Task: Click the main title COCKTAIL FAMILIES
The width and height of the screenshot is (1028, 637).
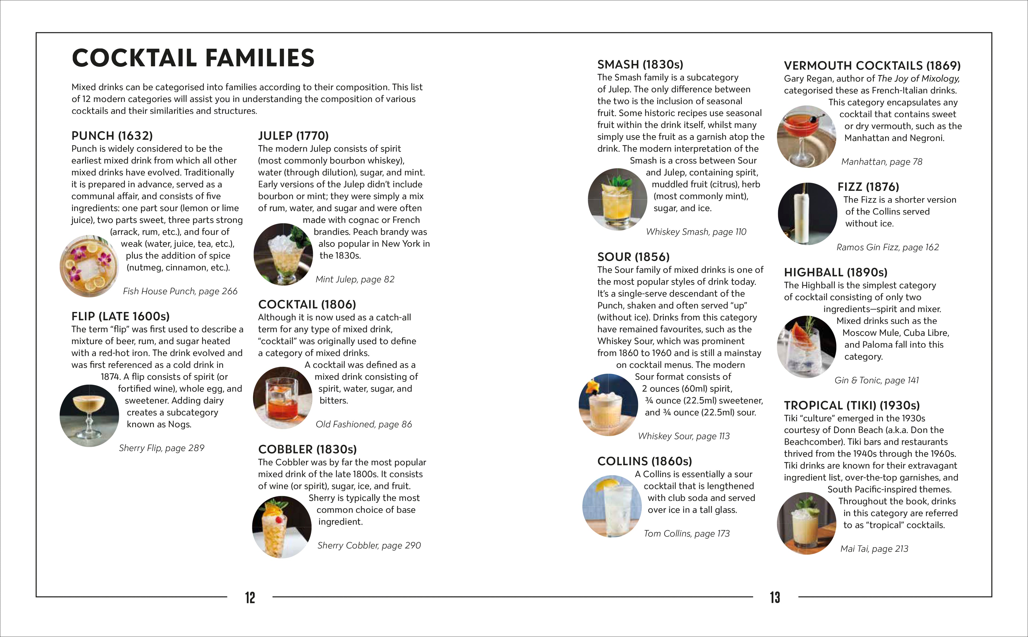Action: pyautogui.click(x=193, y=58)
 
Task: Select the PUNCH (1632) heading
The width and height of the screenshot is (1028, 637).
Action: pyautogui.click(x=112, y=136)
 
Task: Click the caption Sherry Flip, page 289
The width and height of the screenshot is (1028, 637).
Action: pyautogui.click(x=161, y=448)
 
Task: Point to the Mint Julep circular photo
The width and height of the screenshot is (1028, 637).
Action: pyautogui.click(x=283, y=254)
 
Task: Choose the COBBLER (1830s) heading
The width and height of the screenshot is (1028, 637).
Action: pyautogui.click(x=307, y=449)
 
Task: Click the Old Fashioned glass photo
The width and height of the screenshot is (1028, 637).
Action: pyautogui.click(x=282, y=398)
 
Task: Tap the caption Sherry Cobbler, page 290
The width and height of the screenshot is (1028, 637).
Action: pyautogui.click(x=369, y=545)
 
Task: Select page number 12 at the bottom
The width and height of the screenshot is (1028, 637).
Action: pyautogui.click(x=250, y=597)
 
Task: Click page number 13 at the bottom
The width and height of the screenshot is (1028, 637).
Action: pyautogui.click(x=775, y=597)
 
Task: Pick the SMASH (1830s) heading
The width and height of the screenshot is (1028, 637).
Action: pyautogui.click(x=640, y=64)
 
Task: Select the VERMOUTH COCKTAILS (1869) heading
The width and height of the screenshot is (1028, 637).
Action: pyautogui.click(x=872, y=66)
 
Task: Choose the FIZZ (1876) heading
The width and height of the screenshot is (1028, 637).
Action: pyautogui.click(x=868, y=187)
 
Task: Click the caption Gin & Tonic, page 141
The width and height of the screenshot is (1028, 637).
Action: pyautogui.click(x=876, y=380)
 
